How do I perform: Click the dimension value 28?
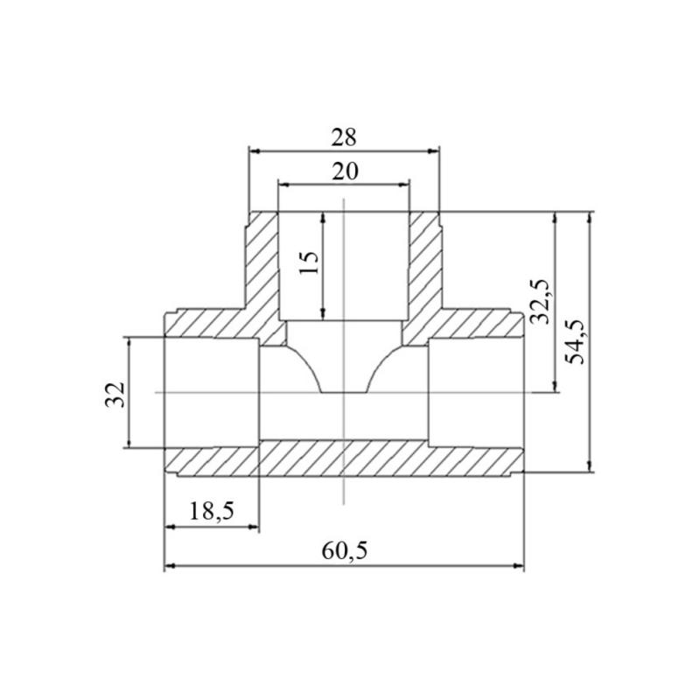(344, 137)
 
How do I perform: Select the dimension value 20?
(345, 171)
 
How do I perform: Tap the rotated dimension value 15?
(309, 263)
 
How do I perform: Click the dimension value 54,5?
(575, 341)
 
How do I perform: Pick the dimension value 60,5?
(345, 551)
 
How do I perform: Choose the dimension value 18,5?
(212, 511)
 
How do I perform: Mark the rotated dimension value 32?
(115, 395)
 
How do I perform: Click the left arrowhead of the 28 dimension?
(255, 151)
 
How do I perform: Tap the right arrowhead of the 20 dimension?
(403, 184)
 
